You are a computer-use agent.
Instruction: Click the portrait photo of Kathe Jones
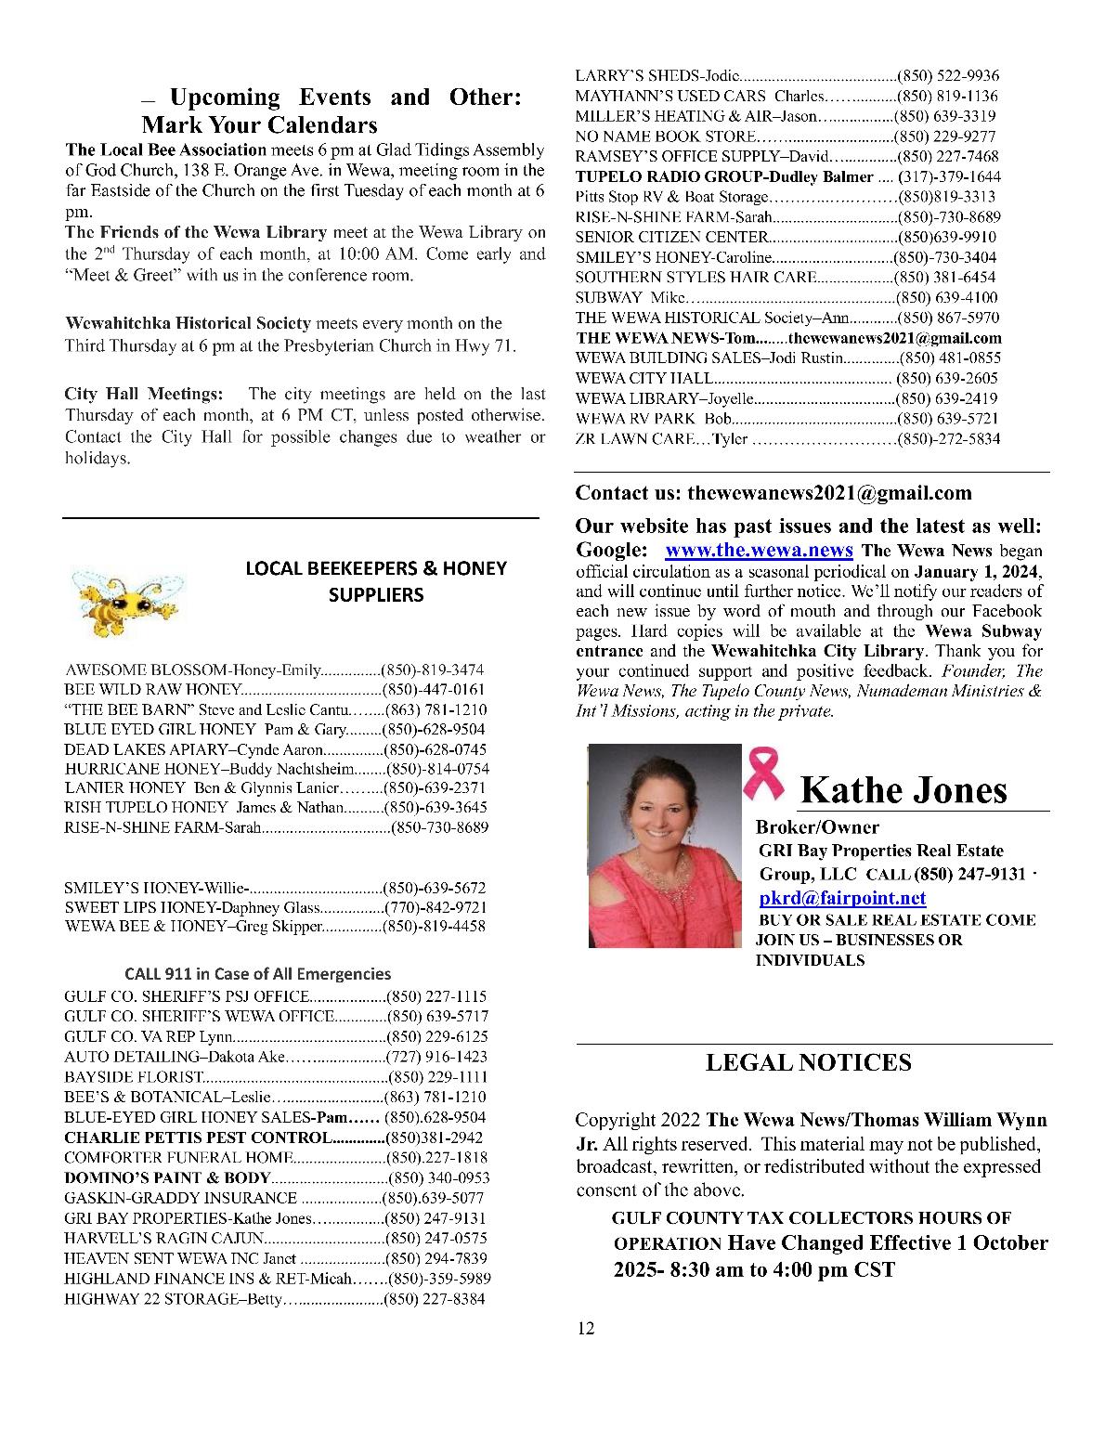(x=665, y=845)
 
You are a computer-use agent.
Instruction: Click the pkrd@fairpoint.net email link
(x=842, y=898)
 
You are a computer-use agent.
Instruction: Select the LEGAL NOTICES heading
(x=808, y=1062)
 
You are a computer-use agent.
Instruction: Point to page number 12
(x=585, y=1329)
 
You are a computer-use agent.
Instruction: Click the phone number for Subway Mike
(x=947, y=298)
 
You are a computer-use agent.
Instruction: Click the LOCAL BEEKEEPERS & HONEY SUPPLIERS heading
(x=376, y=580)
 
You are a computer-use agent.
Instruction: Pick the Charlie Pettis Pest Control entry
(x=197, y=1137)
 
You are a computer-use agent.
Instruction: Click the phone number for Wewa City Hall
(x=947, y=378)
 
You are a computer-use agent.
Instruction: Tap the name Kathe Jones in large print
(x=903, y=789)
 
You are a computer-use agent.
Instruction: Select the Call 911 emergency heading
(x=257, y=974)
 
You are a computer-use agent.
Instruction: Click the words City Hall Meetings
(x=144, y=395)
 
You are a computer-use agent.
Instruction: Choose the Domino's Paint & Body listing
(x=167, y=1177)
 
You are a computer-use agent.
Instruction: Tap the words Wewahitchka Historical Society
(x=188, y=323)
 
